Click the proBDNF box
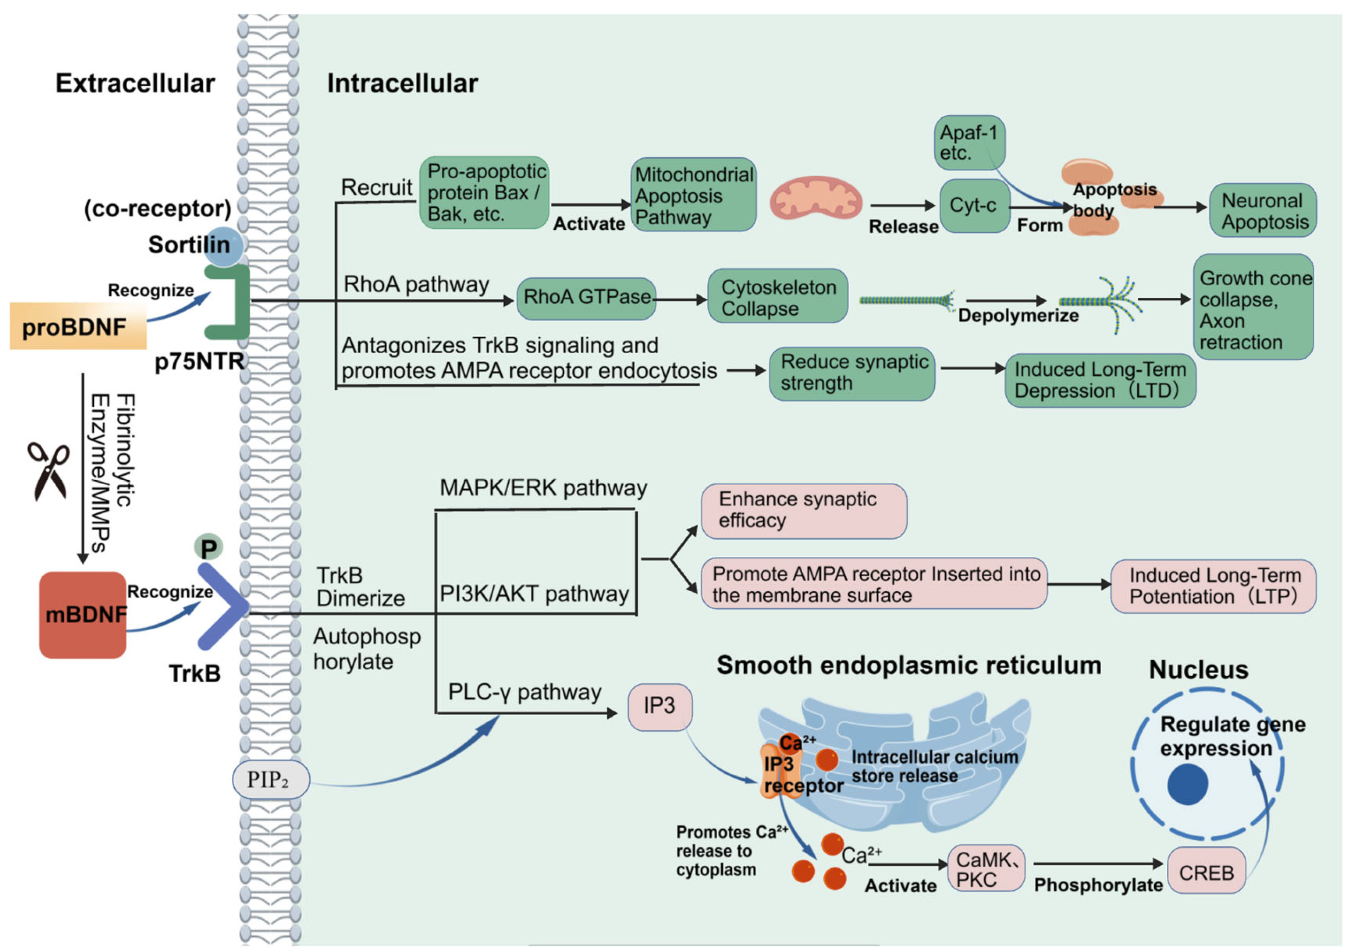[x=78, y=326]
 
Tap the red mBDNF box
[x=83, y=614]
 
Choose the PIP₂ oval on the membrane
[x=271, y=779]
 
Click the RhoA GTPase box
[x=586, y=299]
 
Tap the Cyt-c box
[x=975, y=206]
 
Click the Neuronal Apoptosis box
[x=1263, y=211]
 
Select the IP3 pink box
[x=660, y=707]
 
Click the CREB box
[x=1207, y=872]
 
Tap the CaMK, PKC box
[x=986, y=869]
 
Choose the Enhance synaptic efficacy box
[x=804, y=511]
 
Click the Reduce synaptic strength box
[x=852, y=374]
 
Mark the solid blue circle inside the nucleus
[x=1188, y=784]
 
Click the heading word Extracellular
[x=135, y=83]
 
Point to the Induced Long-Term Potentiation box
[x=1214, y=586]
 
